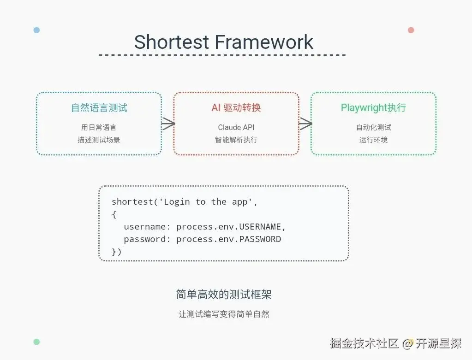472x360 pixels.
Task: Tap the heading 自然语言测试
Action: pyautogui.click(x=99, y=108)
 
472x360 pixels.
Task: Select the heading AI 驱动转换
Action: pyautogui.click(x=236, y=108)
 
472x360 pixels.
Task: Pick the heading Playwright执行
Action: pyautogui.click(x=373, y=108)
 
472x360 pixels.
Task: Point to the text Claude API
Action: pyautogui.click(x=236, y=127)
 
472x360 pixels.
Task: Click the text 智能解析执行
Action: pyautogui.click(x=236, y=139)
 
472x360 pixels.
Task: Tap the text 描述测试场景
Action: pyautogui.click(x=99, y=139)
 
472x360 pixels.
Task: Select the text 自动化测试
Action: pyautogui.click(x=373, y=127)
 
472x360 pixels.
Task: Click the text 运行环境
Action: pyautogui.click(x=373, y=139)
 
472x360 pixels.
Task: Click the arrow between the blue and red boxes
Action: pyautogui.click(x=168, y=123)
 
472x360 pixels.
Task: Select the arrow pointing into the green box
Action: pyautogui.click(x=305, y=123)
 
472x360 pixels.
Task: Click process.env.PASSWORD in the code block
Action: pyautogui.click(x=228, y=239)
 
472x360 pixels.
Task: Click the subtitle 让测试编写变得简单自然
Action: pyautogui.click(x=224, y=314)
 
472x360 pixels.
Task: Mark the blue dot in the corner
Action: pyautogui.click(x=36, y=30)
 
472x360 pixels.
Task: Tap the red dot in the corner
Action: pyautogui.click(x=411, y=30)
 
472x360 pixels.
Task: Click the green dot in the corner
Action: pyautogui.click(x=36, y=342)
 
